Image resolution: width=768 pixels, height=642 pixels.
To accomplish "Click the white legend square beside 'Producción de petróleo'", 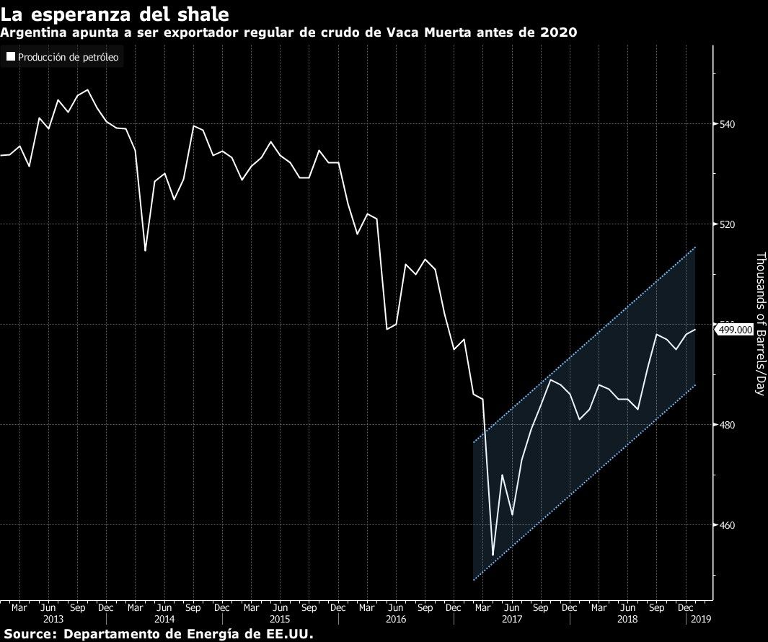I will pos(11,57).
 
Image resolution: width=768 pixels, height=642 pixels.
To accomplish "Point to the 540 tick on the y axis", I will pos(728,124).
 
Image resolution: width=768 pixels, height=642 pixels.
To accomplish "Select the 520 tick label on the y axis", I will pos(728,224).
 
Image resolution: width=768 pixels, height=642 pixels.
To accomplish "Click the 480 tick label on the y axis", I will pos(728,425).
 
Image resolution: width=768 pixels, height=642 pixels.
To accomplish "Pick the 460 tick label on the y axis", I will pos(728,525).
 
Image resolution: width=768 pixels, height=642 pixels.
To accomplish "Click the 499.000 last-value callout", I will pos(736,330).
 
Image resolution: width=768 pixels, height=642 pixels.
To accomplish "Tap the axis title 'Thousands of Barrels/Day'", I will pos(759,323).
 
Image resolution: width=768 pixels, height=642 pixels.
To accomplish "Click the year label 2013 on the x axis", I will pos(53,619).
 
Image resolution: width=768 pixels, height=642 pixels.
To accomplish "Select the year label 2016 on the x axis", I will pos(396,619).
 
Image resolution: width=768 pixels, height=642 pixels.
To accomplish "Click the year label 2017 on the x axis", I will pos(511,619).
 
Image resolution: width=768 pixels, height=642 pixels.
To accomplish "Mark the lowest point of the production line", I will pos(493,555).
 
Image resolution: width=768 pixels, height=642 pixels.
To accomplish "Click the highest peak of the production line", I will pos(87,90).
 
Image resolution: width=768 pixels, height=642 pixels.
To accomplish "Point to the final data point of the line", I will pos(695,330).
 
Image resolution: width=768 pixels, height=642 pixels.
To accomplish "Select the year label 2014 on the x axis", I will pos(164,619).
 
